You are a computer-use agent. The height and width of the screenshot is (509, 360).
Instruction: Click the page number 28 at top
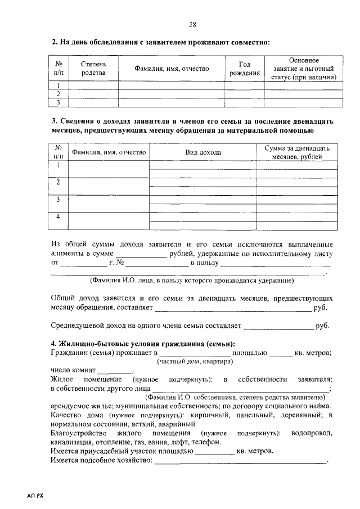[192, 24]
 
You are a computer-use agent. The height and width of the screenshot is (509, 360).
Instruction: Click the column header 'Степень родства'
[93, 69]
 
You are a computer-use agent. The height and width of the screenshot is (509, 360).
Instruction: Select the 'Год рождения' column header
[245, 69]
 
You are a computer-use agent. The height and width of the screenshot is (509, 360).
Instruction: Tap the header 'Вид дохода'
[203, 152]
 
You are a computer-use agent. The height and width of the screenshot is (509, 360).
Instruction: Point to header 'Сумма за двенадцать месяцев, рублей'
[297, 152]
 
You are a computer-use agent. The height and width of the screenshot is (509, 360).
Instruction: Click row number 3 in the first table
[58, 102]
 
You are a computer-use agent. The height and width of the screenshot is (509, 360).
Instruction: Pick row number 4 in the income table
[58, 217]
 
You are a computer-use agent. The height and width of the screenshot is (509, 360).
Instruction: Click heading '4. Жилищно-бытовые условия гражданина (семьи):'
[143, 344]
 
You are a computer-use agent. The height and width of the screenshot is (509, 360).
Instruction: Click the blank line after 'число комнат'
[116, 372]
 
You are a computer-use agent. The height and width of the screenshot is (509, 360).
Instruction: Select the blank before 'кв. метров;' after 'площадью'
[281, 353]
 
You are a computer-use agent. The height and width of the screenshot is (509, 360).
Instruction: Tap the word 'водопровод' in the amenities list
[312, 433]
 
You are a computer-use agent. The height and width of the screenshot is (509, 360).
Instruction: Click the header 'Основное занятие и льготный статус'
[303, 69]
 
